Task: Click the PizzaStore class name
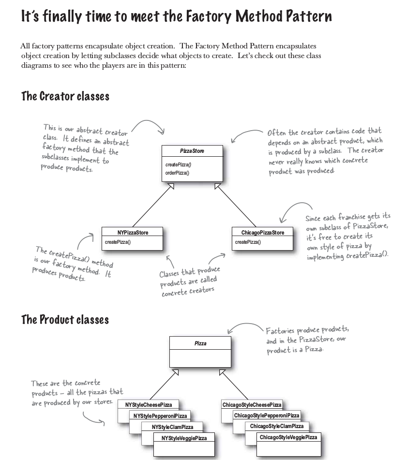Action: click(x=192, y=151)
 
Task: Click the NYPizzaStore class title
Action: click(x=133, y=233)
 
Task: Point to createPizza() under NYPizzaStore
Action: click(x=118, y=242)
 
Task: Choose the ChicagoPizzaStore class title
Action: click(x=263, y=233)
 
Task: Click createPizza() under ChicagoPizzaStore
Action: click(x=248, y=242)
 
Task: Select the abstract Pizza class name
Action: click(x=200, y=343)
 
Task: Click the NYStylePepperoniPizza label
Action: click(x=160, y=416)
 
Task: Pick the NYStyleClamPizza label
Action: click(x=172, y=427)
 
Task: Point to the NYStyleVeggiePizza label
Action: click(x=183, y=438)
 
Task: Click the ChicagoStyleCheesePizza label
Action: click(x=252, y=404)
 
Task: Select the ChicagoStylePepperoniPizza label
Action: click(x=266, y=415)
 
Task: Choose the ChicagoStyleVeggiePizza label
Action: click(x=288, y=438)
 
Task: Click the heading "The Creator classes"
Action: click(x=65, y=96)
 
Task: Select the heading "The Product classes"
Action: click(x=65, y=320)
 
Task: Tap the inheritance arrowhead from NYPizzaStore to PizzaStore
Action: click(x=171, y=187)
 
